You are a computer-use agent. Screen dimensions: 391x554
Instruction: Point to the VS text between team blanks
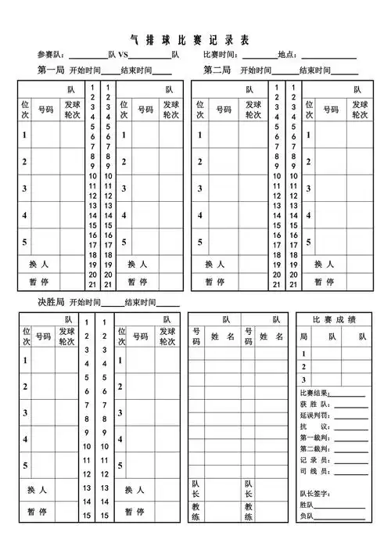(124, 55)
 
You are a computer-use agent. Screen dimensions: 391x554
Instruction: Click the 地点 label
(287, 55)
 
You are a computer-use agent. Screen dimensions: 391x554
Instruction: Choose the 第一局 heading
(52, 70)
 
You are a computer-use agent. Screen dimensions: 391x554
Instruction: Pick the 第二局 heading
(217, 70)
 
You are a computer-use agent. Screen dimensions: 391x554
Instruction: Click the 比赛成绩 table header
(334, 319)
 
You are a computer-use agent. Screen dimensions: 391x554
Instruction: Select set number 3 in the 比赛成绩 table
(304, 380)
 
